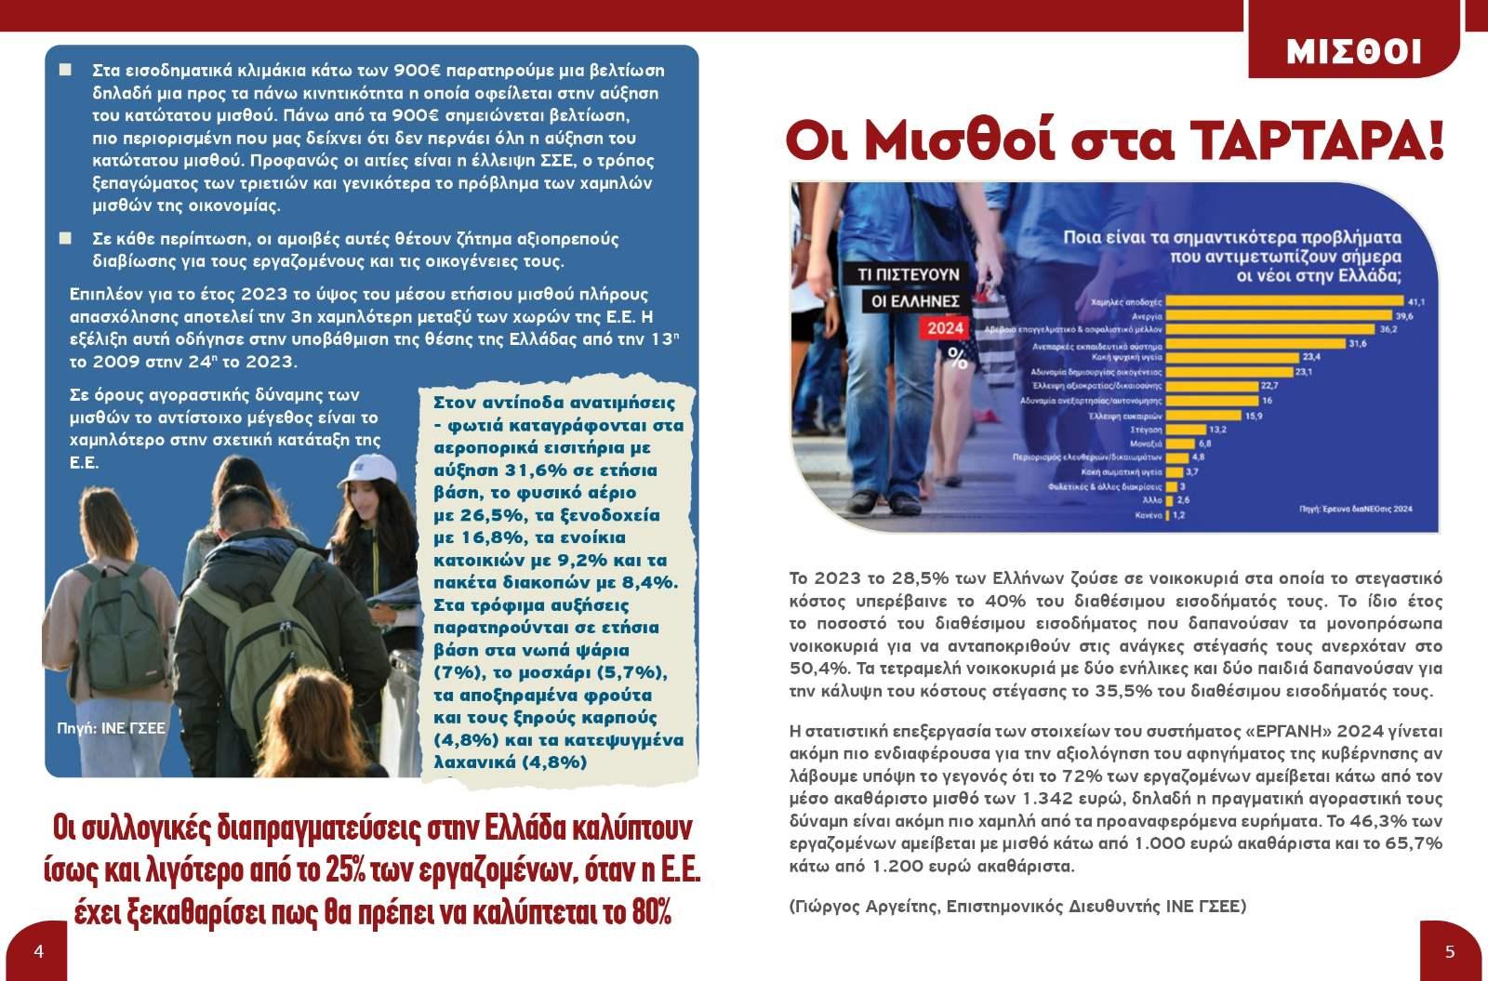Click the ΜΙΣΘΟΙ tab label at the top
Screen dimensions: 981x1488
[x=1353, y=52]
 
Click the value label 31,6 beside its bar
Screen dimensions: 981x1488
[x=1357, y=344]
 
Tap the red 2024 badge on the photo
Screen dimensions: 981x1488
[x=946, y=328]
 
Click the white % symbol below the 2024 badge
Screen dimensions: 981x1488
[x=957, y=358]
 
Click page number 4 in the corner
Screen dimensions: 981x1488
[x=38, y=950]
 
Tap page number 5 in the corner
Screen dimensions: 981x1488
[x=1449, y=950]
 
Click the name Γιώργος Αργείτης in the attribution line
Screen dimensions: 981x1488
[x=863, y=906]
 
